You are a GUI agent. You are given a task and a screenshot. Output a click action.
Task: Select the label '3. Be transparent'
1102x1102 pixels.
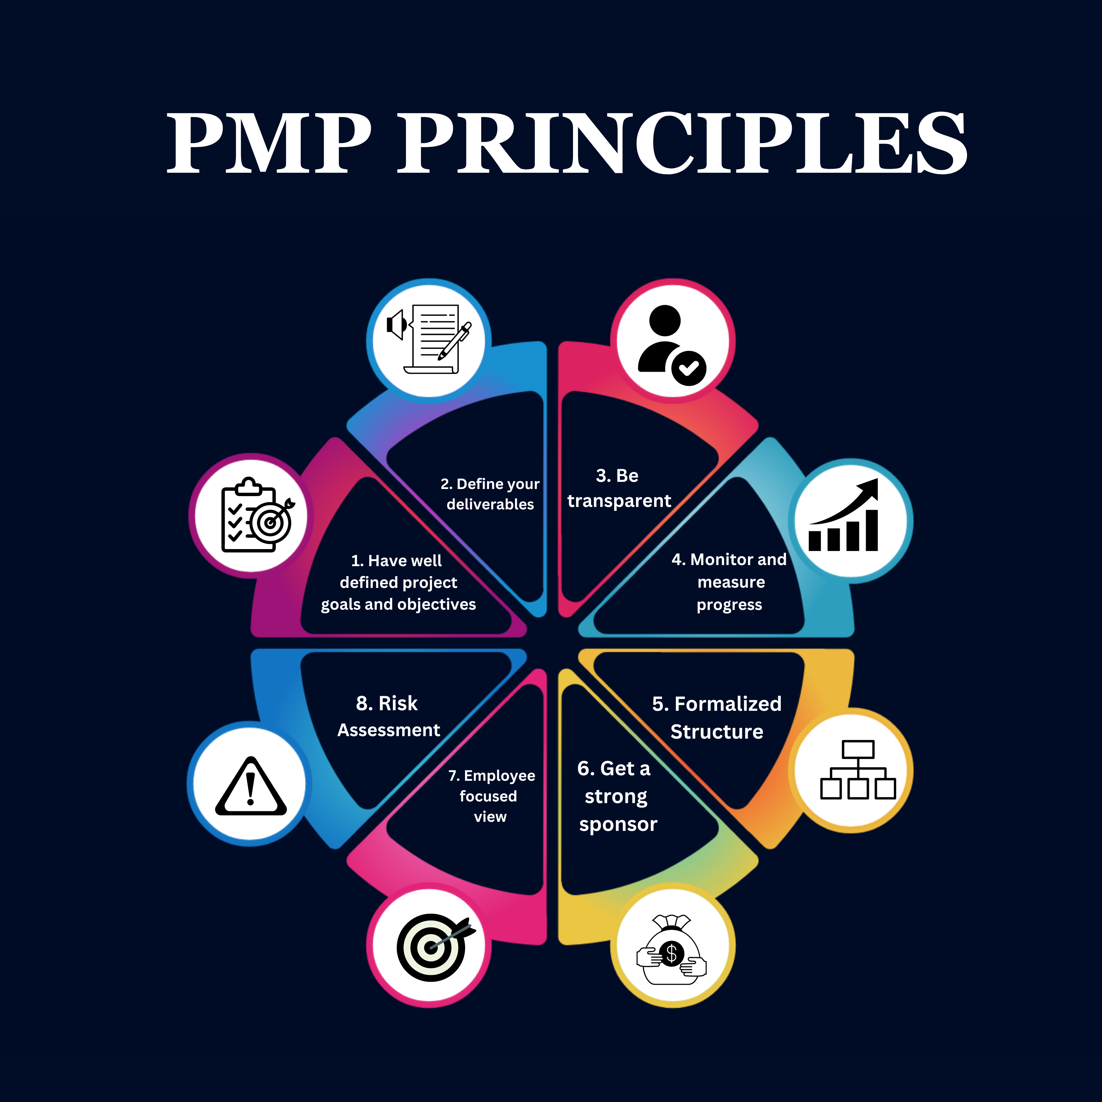pyautogui.click(x=619, y=488)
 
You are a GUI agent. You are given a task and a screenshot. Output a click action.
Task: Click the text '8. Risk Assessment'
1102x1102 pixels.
pyautogui.click(x=388, y=716)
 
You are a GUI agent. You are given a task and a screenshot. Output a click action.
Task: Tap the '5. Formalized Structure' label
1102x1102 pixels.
pyautogui.click(x=716, y=718)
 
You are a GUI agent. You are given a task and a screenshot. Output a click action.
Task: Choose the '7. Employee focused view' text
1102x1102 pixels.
pyautogui.click(x=491, y=796)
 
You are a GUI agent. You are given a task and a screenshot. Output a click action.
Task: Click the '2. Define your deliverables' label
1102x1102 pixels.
pyautogui.click(x=490, y=494)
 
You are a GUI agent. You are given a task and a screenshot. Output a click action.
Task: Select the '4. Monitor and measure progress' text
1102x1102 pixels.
pyautogui.click(x=730, y=582)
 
